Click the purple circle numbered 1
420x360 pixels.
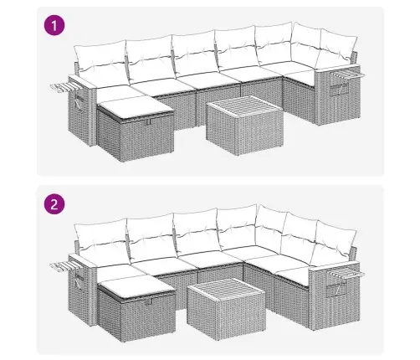[54, 26]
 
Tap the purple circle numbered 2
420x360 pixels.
[54, 204]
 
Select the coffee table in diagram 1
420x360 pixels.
[244, 126]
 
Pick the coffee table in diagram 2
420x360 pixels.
[226, 309]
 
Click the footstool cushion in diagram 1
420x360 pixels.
[136, 107]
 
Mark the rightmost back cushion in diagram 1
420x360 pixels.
[337, 50]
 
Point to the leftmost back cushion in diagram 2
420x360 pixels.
[101, 239]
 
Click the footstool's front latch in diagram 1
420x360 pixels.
[147, 122]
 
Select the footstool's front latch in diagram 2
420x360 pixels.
[150, 301]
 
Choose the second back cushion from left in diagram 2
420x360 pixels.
[152, 236]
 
